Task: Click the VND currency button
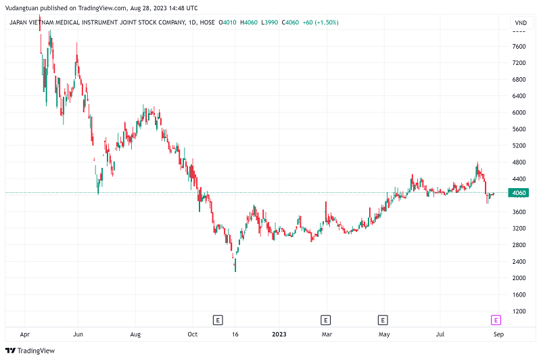(520, 23)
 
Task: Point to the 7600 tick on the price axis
(519, 47)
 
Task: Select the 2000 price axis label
(519, 278)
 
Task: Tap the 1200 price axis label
(519, 311)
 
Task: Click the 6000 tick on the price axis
(519, 112)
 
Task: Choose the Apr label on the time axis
(25, 334)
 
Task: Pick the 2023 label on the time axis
(278, 334)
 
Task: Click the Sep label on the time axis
(498, 334)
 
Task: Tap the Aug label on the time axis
(135, 334)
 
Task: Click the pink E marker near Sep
(496, 319)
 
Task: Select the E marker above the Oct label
(218, 319)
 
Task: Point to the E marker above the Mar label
(325, 319)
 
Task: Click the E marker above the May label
(383, 319)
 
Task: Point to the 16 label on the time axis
(235, 334)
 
